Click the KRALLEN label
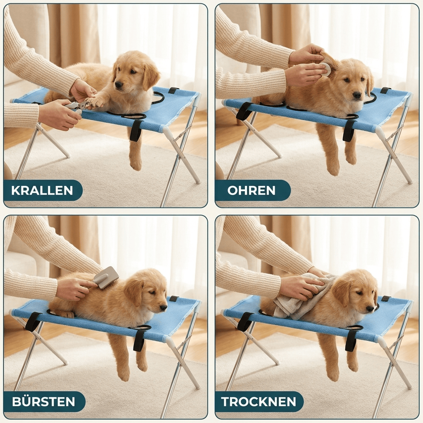click(x=42, y=190)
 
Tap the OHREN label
click(x=251, y=190)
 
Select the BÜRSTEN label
click(x=43, y=402)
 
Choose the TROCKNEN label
click(x=259, y=402)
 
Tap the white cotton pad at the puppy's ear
click(x=326, y=69)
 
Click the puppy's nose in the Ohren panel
click(x=357, y=95)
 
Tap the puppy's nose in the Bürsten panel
click(x=163, y=307)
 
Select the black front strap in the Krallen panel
click(x=135, y=131)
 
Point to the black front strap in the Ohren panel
click(x=348, y=131)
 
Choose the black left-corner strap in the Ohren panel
click(x=244, y=111)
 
